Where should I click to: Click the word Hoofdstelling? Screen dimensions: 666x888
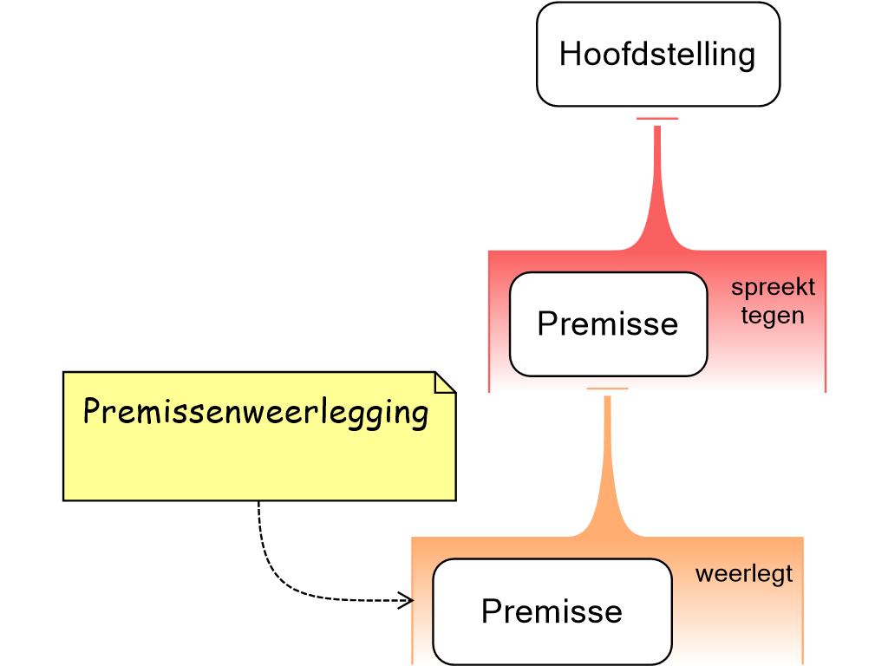click(x=657, y=55)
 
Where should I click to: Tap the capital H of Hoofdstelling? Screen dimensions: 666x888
click(x=570, y=54)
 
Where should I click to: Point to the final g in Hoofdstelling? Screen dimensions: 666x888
click(x=745, y=57)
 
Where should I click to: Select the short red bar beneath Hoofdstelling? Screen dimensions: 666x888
click(x=657, y=118)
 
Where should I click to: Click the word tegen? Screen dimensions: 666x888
click(x=773, y=316)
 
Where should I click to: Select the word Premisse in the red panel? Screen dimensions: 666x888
click(x=607, y=323)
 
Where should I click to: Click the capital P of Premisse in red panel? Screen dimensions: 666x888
click(x=547, y=323)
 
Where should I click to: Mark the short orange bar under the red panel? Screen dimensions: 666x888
click(x=607, y=388)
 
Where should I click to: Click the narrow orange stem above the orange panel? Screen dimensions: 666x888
click(x=607, y=460)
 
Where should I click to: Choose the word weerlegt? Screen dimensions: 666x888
click(x=744, y=574)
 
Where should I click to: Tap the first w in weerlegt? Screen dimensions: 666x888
click(x=703, y=575)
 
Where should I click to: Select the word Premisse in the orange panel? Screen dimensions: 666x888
click(x=552, y=611)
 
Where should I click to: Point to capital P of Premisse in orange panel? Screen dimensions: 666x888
click(x=492, y=611)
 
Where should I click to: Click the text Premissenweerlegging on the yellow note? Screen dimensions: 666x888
click(x=256, y=412)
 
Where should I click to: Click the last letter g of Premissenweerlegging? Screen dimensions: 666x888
click(x=420, y=415)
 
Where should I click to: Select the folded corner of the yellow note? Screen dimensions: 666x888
click(x=443, y=382)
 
